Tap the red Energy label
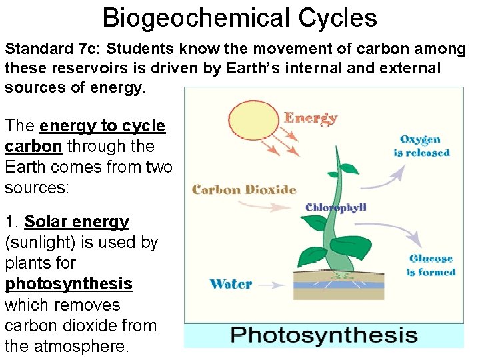tap(310, 119)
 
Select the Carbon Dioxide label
tap(244, 189)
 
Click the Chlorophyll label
tap(336, 207)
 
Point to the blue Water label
tap(231, 285)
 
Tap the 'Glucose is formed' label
tap(431, 265)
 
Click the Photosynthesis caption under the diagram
tap(323, 335)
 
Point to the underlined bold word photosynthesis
tap(69, 284)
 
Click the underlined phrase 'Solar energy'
tap(77, 221)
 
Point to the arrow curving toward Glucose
tap(400, 233)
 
